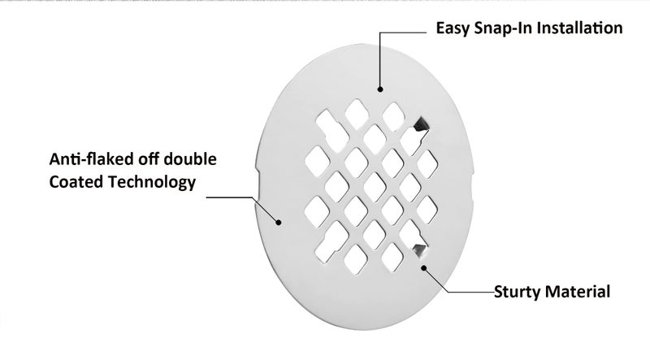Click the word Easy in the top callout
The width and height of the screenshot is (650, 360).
453,28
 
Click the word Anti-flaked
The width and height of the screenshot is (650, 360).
91,158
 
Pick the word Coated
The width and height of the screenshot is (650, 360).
76,182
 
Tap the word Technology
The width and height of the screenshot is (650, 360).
152,183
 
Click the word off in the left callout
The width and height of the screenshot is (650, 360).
149,158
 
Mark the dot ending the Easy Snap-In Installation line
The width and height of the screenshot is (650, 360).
380,89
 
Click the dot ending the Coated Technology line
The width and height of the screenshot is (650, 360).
279,223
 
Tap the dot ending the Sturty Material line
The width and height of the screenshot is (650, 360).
423,267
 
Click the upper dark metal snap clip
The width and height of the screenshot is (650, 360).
420,124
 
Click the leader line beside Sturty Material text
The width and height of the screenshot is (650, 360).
458,292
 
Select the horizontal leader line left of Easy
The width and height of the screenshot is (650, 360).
403,33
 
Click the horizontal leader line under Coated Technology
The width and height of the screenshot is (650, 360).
230,197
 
